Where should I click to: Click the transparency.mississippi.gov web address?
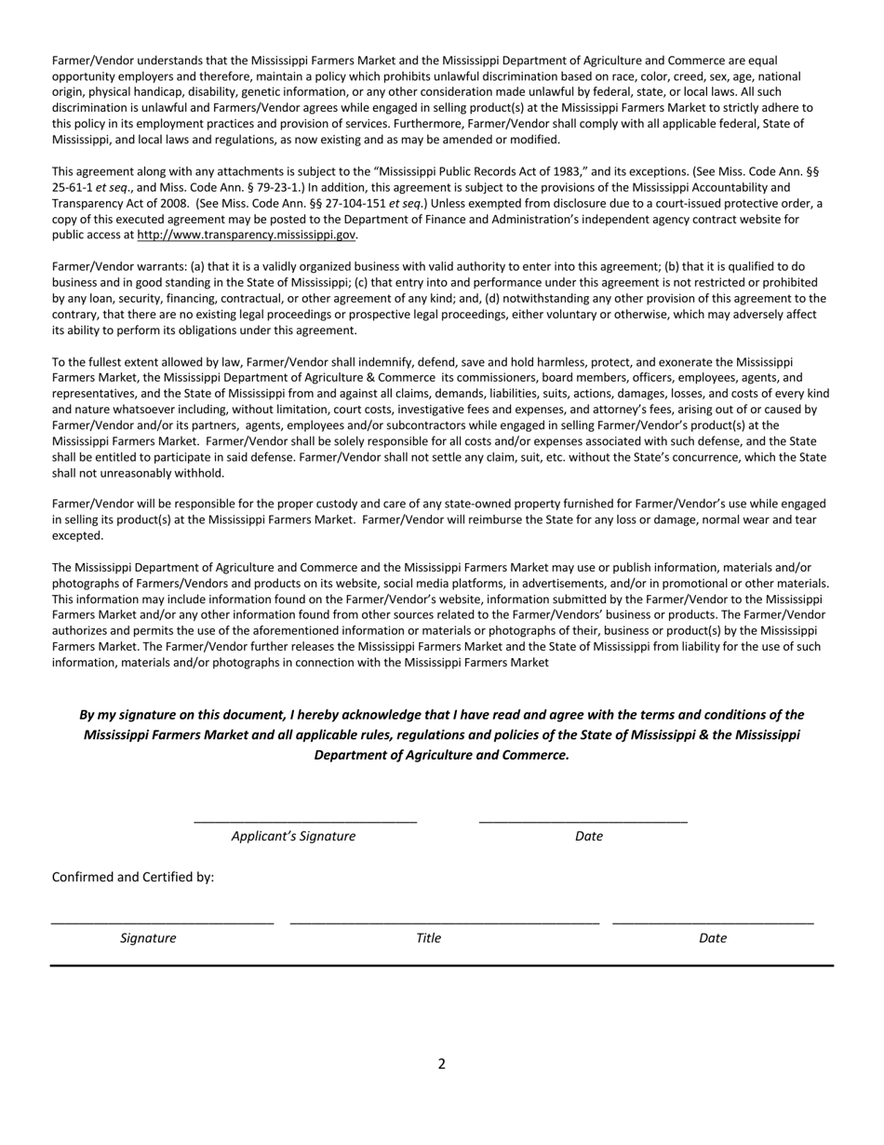click(x=247, y=236)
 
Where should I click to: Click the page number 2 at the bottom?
click(x=442, y=1064)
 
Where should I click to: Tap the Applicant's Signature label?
click(x=293, y=836)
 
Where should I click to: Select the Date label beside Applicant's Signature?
click(x=589, y=836)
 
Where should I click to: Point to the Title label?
click(x=428, y=937)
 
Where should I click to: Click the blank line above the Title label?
click(x=445, y=923)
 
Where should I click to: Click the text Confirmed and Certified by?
click(x=133, y=877)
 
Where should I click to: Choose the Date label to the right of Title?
click(x=713, y=937)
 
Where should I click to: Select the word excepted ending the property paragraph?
click(x=77, y=536)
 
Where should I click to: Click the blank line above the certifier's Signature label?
click(x=163, y=923)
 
